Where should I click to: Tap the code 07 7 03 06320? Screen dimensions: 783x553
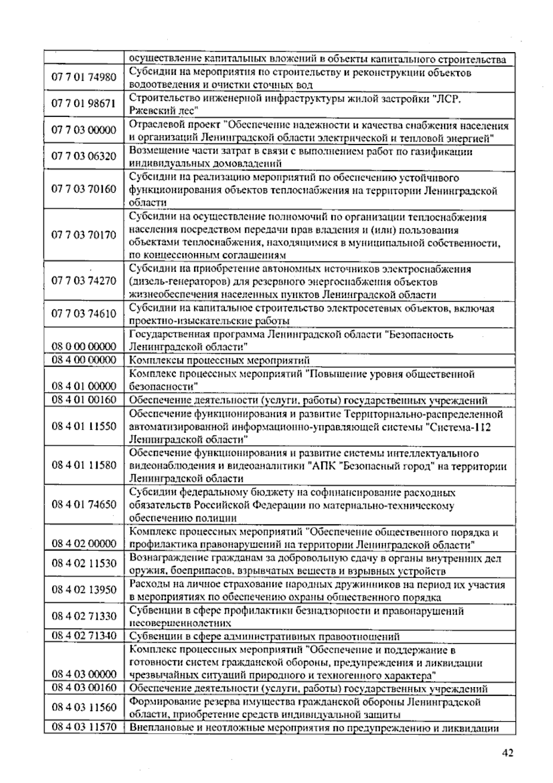(84, 156)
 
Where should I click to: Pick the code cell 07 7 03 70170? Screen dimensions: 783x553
(84, 235)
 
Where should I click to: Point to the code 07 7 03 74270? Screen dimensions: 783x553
(84, 281)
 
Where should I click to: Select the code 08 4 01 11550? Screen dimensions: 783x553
(84, 426)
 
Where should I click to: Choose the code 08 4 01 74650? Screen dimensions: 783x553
(84, 504)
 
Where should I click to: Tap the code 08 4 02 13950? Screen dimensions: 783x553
(84, 590)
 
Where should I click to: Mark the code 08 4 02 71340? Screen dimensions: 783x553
(84, 636)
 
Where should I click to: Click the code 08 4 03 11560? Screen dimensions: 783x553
(84, 708)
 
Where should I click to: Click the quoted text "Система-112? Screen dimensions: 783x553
(459, 427)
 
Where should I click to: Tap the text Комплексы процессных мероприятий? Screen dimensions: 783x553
(219, 360)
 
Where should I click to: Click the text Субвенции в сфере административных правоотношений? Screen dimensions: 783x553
(264, 637)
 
